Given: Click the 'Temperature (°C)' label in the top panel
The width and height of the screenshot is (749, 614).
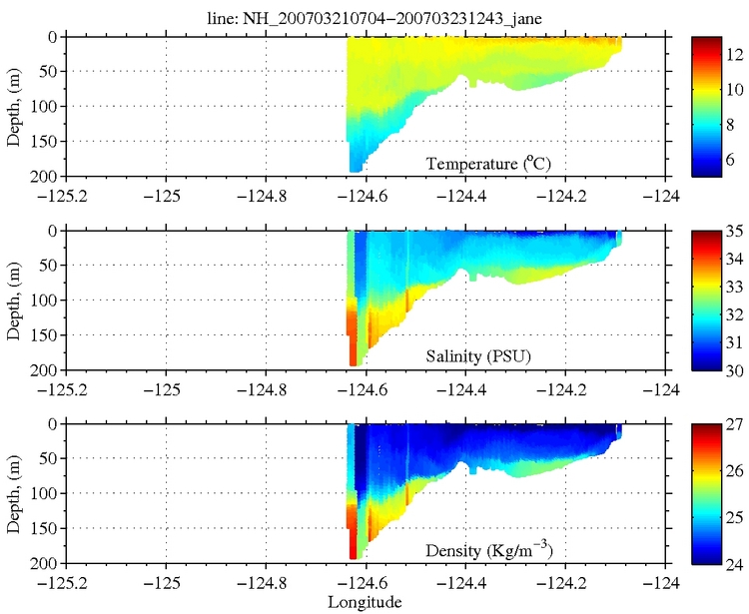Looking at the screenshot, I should click(x=489, y=164).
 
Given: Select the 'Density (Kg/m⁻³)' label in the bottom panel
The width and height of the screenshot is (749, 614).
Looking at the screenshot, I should click(x=489, y=550).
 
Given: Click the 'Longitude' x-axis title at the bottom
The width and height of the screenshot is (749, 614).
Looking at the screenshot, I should click(x=366, y=602).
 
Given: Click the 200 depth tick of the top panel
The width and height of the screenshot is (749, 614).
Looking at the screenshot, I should click(x=46, y=177).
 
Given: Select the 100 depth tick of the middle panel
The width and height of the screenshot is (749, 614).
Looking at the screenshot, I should click(x=46, y=301).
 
